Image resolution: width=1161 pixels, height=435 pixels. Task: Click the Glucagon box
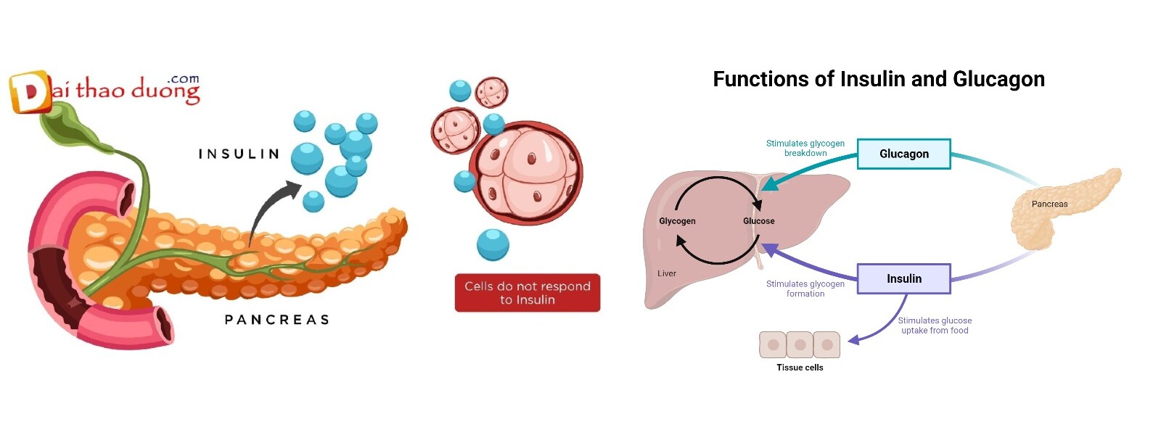(x=903, y=154)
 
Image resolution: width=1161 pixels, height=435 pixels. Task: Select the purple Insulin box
(x=903, y=278)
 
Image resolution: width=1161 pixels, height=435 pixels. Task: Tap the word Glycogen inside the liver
(x=677, y=221)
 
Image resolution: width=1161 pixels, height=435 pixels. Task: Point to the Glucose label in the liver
(x=758, y=221)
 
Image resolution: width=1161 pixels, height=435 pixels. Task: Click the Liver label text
(x=666, y=273)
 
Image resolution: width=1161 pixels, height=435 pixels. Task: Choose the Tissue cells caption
(x=800, y=368)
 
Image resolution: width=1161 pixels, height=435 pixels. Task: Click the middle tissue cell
(x=800, y=345)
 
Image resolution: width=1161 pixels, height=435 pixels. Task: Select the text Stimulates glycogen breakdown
(x=805, y=148)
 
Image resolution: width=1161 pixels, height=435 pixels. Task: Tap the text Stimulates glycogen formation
(x=805, y=289)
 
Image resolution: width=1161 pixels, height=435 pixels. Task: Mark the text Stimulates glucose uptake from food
(x=935, y=326)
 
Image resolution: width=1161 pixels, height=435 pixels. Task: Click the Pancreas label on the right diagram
(x=1049, y=204)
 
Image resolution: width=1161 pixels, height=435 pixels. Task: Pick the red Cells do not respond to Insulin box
(x=527, y=293)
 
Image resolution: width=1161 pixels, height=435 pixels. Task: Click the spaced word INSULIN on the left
(x=239, y=154)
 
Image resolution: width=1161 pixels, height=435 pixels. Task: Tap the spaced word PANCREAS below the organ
(x=276, y=320)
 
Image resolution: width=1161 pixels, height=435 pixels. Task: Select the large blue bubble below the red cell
(x=493, y=244)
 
